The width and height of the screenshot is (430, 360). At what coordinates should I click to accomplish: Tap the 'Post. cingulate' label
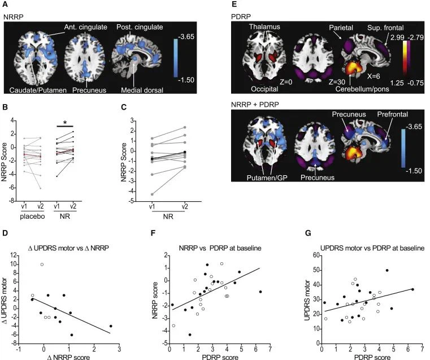click(140, 27)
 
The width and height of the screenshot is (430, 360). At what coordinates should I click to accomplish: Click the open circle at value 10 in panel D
click(42, 264)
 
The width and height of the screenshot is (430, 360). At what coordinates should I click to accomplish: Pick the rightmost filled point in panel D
click(111, 326)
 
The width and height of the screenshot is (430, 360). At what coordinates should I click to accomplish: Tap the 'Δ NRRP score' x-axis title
click(73, 358)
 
